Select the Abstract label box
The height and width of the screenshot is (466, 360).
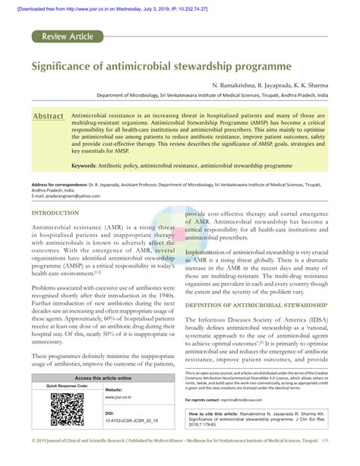click(x=47, y=117)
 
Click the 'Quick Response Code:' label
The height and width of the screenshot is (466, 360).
click(x=67, y=407)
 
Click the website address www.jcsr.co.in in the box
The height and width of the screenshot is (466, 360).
click(x=122, y=417)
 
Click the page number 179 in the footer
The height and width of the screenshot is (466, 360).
click(x=346, y=461)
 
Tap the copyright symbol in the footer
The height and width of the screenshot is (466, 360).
click(x=35, y=461)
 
